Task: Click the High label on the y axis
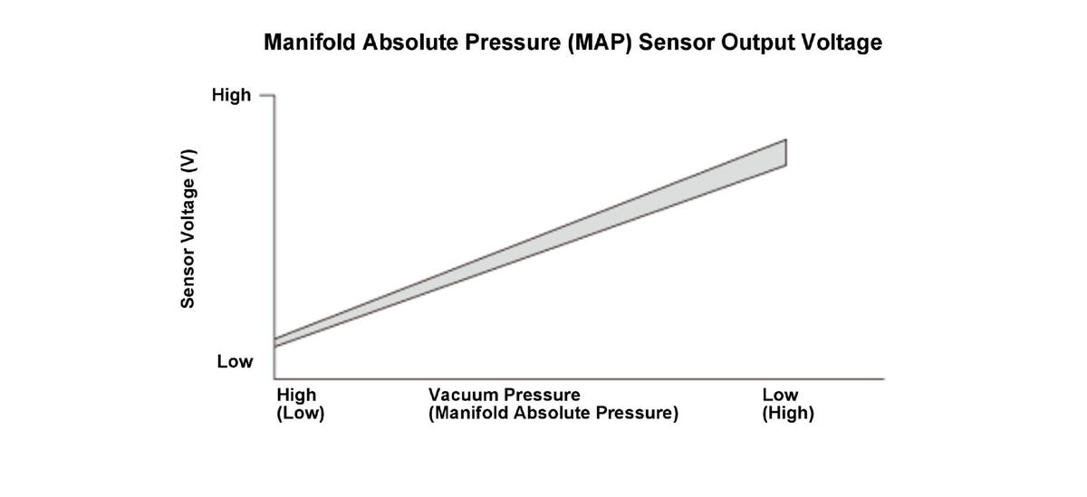click(x=231, y=95)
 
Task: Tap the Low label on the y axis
click(x=235, y=362)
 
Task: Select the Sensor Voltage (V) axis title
click(x=188, y=229)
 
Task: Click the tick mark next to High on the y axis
click(x=265, y=94)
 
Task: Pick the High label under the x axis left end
click(x=296, y=395)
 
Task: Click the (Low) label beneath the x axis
click(x=300, y=414)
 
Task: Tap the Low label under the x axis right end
click(x=780, y=395)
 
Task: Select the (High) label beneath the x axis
click(x=788, y=414)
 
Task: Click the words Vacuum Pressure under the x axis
click(x=504, y=395)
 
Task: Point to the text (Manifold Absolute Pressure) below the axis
click(x=553, y=414)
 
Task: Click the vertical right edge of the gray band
click(x=785, y=153)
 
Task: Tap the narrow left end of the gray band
click(x=275, y=342)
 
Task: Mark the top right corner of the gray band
click(x=785, y=139)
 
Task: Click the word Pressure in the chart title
click(x=512, y=43)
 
